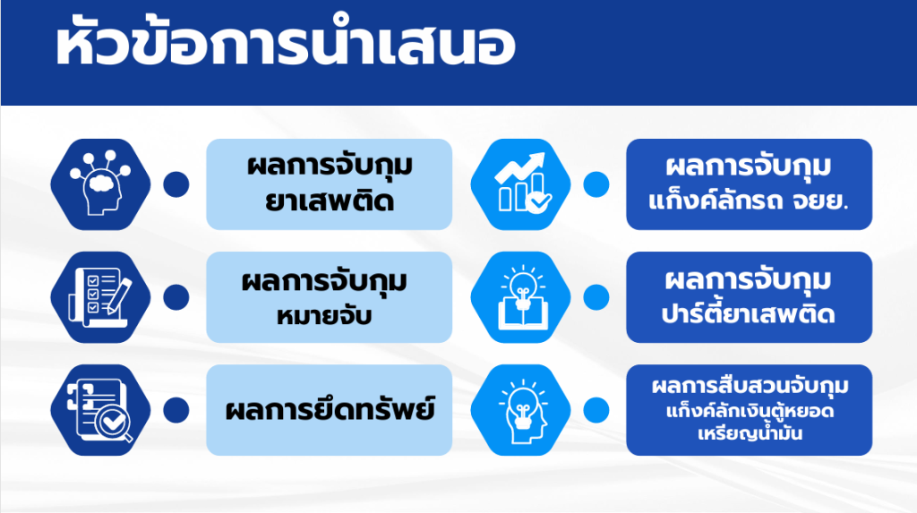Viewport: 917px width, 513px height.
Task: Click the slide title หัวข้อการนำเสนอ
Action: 286,42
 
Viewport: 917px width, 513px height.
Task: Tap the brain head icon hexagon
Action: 100,184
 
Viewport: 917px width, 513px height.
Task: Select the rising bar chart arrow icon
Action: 520,184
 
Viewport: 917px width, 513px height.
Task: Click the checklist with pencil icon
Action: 100,297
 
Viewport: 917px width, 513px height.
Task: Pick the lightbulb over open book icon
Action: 520,297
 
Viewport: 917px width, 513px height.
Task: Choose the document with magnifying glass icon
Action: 100,410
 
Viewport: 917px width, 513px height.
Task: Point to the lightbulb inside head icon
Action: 520,410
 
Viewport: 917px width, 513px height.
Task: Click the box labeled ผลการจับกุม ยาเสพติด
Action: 330,184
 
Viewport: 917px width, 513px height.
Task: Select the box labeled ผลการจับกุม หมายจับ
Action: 330,297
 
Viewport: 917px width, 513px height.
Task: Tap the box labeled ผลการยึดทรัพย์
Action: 330,410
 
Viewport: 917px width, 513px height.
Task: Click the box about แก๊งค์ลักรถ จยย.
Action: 750,184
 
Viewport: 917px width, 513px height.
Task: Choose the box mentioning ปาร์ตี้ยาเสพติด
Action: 750,297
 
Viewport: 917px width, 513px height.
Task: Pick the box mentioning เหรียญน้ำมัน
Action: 750,410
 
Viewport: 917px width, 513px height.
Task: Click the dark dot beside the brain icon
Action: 176,184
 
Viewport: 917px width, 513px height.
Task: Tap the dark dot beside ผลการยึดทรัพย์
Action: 176,410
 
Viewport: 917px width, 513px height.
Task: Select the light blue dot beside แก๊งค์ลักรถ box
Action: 596,184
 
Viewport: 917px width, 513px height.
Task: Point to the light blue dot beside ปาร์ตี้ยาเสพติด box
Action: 596,297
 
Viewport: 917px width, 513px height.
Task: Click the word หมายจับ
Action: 324,316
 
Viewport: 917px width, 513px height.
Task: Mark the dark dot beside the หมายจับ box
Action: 176,297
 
